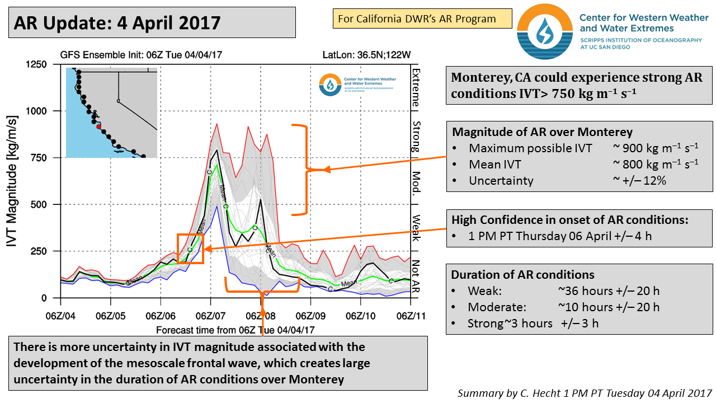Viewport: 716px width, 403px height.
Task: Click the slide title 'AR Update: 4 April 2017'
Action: [117, 23]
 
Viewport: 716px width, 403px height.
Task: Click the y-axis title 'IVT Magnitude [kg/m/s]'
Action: [16, 181]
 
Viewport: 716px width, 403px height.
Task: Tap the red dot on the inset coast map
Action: [98, 127]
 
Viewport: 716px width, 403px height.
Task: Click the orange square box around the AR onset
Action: [190, 248]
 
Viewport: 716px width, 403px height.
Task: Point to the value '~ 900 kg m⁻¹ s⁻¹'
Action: [655, 148]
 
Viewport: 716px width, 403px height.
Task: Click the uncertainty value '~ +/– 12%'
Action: [639, 180]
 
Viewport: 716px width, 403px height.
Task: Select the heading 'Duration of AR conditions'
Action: [522, 275]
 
